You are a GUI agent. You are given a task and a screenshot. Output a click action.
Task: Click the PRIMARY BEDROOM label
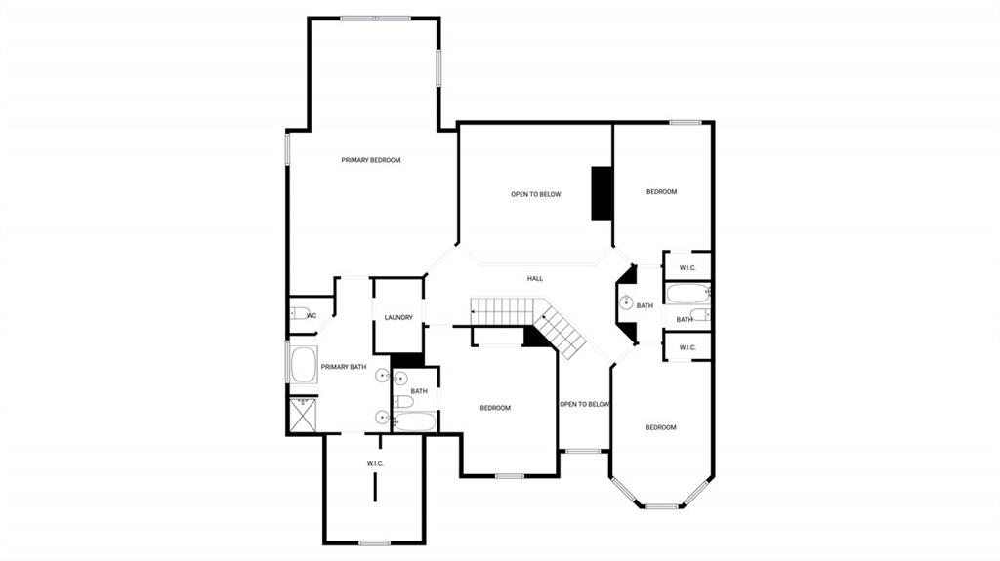[370, 160]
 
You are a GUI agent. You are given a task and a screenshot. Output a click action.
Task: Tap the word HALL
[534, 279]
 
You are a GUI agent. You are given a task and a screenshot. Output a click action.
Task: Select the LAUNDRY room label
[397, 317]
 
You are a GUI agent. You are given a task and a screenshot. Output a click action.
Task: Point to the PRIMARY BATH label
[344, 367]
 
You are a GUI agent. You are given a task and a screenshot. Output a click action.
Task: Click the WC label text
[311, 316]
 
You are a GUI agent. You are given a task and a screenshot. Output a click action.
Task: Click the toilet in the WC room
[296, 314]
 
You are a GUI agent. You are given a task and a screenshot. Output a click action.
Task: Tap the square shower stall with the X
[303, 416]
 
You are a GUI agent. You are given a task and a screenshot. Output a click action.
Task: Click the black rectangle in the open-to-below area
[602, 193]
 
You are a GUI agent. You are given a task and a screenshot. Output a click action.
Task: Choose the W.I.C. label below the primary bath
[375, 462]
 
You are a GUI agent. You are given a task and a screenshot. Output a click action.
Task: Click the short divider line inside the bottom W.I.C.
[375, 488]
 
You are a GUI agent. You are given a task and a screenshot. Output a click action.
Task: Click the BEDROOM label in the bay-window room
[661, 427]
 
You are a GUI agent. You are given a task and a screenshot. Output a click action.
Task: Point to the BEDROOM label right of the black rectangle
[661, 192]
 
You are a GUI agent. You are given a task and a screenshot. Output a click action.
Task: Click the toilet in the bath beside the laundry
[401, 402]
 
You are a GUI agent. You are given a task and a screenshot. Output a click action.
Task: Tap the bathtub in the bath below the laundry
[415, 422]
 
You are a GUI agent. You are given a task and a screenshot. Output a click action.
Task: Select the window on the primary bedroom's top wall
[375, 18]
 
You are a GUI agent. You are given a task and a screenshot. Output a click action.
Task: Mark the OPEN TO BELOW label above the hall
[536, 194]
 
